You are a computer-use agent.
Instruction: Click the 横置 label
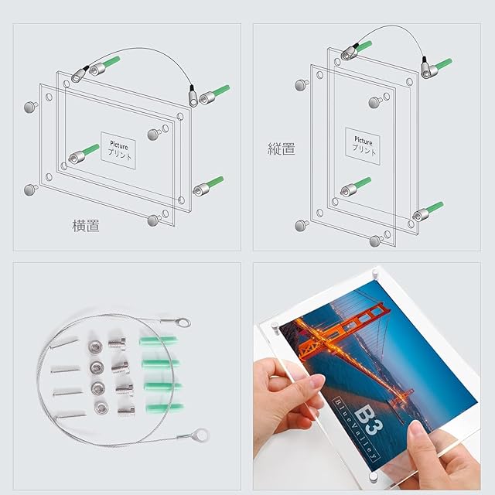coord(86,226)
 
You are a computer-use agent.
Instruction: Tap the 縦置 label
coord(282,148)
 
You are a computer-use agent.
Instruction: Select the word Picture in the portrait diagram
coord(363,141)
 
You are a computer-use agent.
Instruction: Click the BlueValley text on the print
coord(355,428)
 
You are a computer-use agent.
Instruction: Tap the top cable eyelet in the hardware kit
coord(183,323)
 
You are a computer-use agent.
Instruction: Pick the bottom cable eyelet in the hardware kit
coord(201,435)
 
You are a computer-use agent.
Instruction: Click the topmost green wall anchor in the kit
coord(158,341)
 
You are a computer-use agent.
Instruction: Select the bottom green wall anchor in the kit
coord(165,408)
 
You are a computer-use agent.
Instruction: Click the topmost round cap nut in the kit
coord(94,346)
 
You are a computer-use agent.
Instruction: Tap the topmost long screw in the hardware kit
coord(64,343)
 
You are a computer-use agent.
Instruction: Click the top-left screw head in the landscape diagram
coord(31,107)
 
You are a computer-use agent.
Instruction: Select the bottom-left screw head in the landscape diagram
coord(31,189)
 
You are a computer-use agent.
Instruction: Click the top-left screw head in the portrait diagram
coord(302,85)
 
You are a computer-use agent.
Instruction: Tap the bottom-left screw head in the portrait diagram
coord(302,226)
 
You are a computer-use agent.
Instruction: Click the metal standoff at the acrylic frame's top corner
coord(374,273)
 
